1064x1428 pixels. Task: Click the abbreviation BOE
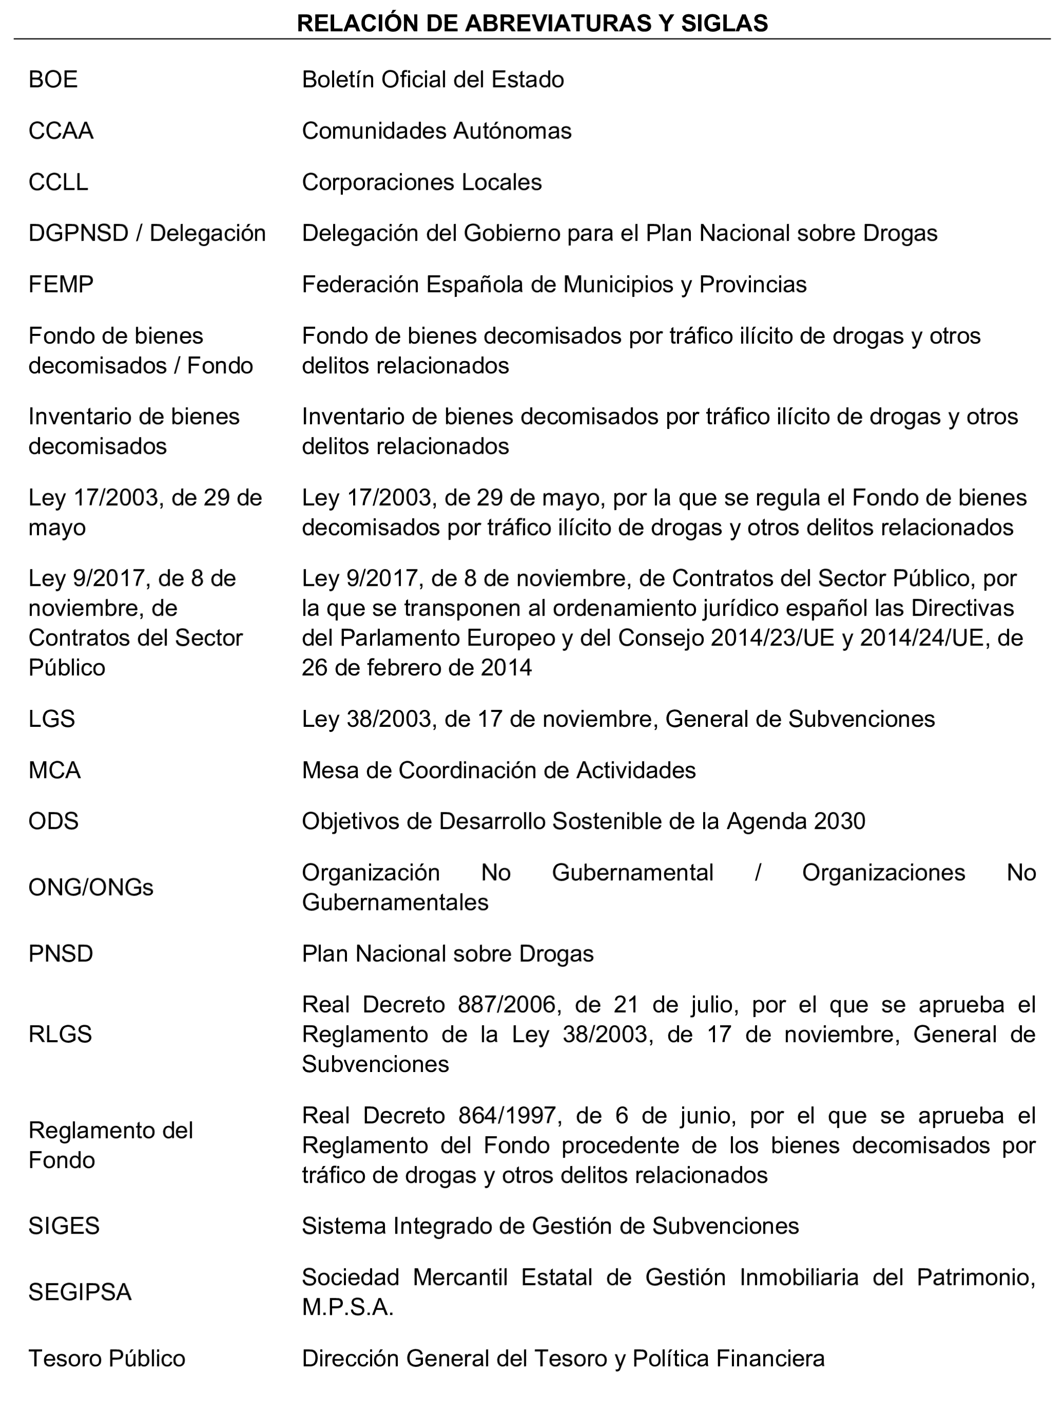coord(53,80)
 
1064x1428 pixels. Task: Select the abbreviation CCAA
coord(61,131)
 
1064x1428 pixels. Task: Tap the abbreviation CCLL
coord(58,183)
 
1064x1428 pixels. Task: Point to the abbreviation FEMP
coord(61,284)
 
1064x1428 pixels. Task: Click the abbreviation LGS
coord(51,719)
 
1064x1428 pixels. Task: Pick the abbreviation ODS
coord(53,821)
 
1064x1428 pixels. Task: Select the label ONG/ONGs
coord(91,887)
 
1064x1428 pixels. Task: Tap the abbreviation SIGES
coord(64,1226)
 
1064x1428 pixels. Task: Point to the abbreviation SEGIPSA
coord(80,1292)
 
